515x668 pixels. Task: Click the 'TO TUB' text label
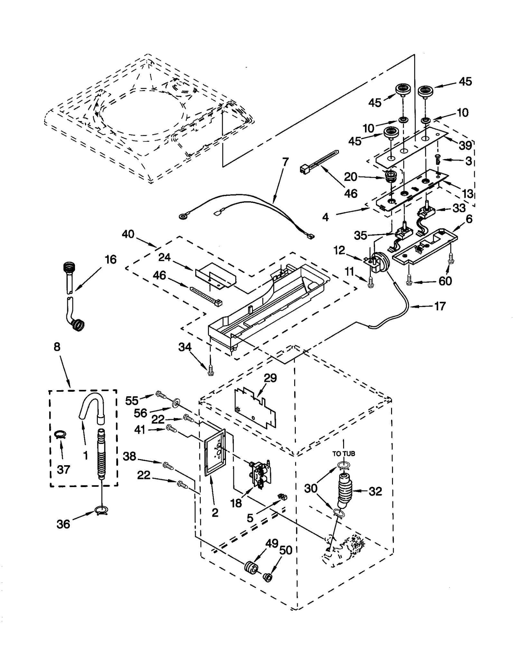343,454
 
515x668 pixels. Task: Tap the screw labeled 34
210,372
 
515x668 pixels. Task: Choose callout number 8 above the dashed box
57,347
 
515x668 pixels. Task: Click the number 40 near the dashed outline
128,234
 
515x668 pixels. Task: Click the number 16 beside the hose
110,259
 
